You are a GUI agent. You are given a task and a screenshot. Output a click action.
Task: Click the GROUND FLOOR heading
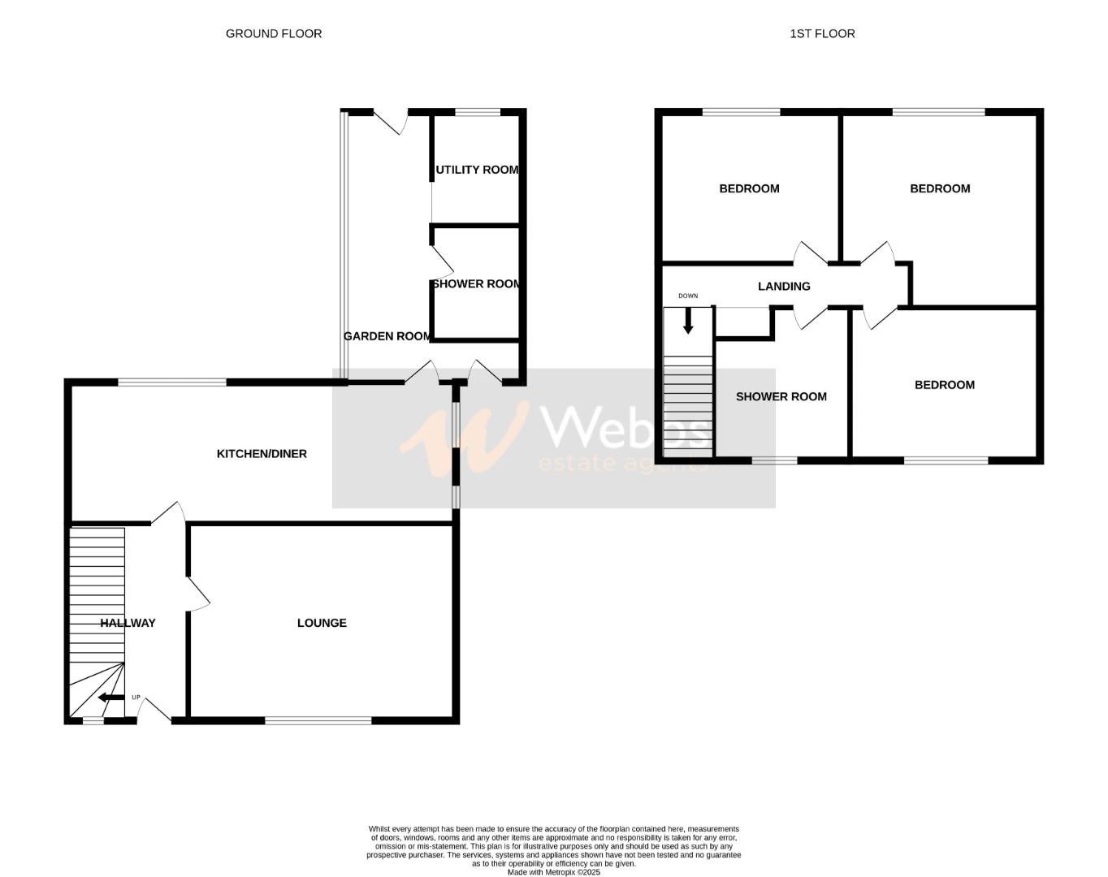274,33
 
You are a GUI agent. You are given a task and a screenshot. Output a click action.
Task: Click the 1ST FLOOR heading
822,33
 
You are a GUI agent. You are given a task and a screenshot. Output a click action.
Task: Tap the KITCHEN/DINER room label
262,453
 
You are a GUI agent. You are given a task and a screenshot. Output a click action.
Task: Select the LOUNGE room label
322,623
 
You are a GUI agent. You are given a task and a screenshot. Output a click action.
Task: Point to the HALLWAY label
128,623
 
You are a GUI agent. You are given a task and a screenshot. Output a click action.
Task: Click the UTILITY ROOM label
477,170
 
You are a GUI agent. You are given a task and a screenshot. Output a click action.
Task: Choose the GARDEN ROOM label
387,336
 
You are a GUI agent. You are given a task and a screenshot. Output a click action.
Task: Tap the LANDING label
784,286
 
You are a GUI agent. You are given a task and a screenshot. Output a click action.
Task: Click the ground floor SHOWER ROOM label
476,284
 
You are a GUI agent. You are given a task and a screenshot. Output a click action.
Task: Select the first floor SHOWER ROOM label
781,396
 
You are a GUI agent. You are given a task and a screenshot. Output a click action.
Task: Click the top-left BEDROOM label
749,188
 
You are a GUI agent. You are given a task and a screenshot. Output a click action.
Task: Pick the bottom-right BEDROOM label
944,385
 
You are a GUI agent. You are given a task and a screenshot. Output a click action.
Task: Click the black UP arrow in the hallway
110,698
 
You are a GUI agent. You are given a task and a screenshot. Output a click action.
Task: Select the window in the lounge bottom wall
318,719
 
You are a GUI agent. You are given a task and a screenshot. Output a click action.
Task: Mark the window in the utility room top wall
478,112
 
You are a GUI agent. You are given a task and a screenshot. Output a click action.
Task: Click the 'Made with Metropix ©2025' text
553,872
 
